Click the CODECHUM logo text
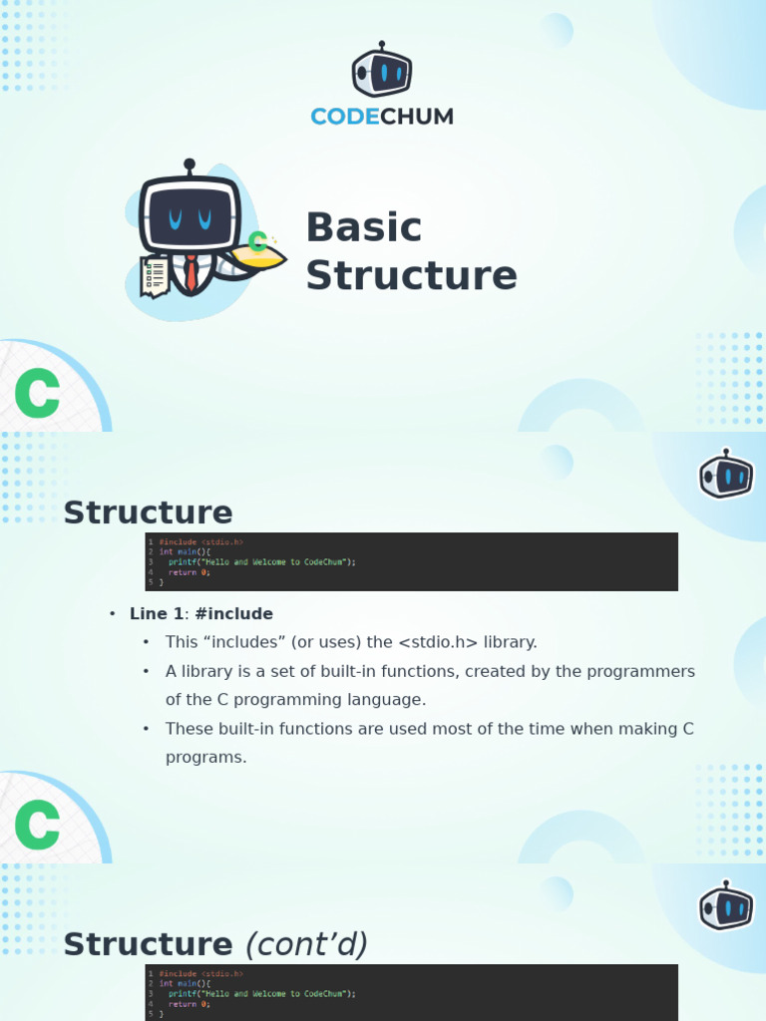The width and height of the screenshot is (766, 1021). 382,117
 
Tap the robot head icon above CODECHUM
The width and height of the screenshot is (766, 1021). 382,72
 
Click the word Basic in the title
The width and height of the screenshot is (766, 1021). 364,227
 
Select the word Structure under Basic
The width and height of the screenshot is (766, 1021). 411,275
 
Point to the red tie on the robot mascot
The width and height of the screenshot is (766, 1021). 191,273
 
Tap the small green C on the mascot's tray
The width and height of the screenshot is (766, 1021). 257,240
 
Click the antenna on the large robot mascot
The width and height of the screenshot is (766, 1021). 190,168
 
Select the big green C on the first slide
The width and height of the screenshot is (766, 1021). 38,395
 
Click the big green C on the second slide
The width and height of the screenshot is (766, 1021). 38,826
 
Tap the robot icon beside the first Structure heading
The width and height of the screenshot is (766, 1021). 726,475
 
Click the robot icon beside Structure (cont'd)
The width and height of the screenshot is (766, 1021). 726,906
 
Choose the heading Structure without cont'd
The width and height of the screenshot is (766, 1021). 148,512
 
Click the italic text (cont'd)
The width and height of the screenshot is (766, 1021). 306,944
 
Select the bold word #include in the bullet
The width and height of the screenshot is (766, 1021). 234,614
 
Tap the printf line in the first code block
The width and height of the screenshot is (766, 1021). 261,561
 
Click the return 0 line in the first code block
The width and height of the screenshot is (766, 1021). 189,572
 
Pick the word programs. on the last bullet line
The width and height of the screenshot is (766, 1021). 205,757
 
